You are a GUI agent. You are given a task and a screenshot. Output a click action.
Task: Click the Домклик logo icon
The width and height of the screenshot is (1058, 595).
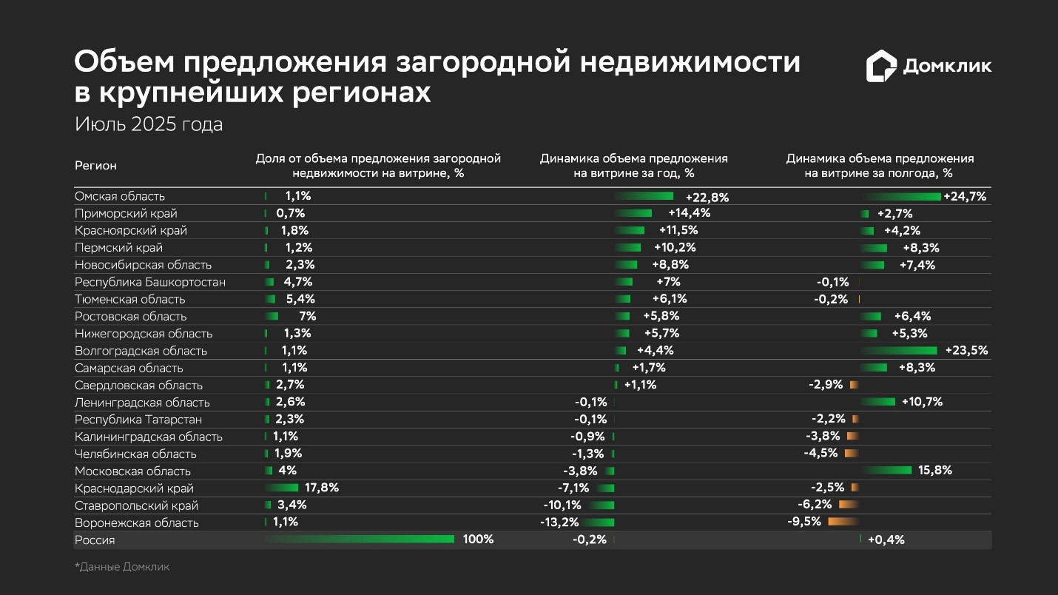[881, 66]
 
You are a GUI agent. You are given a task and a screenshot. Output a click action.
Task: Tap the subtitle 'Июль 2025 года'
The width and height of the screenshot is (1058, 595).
[148, 124]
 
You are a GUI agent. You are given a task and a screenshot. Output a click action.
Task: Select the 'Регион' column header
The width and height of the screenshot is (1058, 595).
[95, 166]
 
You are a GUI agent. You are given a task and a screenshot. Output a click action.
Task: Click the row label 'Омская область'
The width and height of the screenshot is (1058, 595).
[120, 196]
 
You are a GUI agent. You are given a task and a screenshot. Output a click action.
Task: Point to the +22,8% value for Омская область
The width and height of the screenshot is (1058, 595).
[707, 198]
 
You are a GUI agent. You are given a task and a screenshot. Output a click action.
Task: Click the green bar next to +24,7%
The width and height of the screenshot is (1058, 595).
[903, 196]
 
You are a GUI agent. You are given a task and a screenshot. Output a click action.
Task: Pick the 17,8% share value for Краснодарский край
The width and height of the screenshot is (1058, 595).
[322, 488]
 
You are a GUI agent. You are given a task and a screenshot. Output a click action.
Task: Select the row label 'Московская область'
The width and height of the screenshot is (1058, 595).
[132, 471]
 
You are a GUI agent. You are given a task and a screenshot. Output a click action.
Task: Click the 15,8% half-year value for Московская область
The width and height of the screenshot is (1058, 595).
[934, 470]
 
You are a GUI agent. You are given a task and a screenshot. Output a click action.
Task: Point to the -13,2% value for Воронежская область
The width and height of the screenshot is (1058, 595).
[559, 522]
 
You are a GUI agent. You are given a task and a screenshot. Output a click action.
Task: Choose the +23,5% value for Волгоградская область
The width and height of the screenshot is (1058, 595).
[966, 351]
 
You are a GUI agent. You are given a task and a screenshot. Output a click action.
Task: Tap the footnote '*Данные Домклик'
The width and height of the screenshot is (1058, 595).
[122, 567]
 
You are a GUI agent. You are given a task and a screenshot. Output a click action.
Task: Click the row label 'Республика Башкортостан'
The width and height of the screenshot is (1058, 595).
[150, 282]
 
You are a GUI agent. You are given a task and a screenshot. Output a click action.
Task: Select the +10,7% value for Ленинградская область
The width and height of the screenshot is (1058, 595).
[922, 402]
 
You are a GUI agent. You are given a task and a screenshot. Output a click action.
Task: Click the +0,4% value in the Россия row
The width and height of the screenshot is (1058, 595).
[886, 539]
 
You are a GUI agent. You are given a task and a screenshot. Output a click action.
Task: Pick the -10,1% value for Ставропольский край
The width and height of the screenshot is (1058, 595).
[562, 505]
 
